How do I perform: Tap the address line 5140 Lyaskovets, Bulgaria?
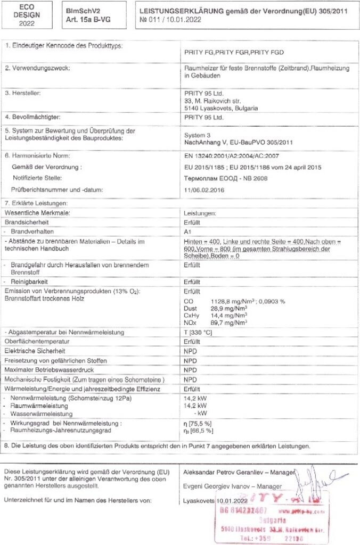point(220,108)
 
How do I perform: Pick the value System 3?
point(198,135)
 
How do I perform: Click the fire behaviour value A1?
point(187,232)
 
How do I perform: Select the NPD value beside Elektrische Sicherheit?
point(190,351)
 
